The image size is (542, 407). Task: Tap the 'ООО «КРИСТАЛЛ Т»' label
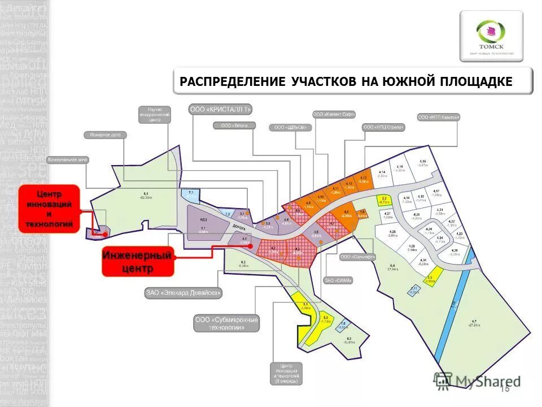pyautogui.click(x=220, y=109)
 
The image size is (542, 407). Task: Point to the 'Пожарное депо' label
pyautogui.click(x=106, y=135)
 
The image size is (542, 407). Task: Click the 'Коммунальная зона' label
pyautogui.click(x=68, y=159)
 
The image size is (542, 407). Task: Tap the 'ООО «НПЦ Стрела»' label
pyautogui.click(x=383, y=128)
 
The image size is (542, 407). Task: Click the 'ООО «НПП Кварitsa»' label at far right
pyautogui.click(x=439, y=118)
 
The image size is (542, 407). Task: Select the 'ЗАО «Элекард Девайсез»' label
pyautogui.click(x=183, y=293)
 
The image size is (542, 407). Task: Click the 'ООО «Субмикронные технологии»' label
pyautogui.click(x=226, y=323)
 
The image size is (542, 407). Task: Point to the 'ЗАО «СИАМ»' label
pyautogui.click(x=338, y=280)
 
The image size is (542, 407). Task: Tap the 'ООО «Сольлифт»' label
pyautogui.click(x=357, y=257)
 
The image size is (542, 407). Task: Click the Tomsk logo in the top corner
pyautogui.click(x=490, y=36)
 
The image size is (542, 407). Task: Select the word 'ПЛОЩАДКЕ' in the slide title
pyautogui.click(x=477, y=81)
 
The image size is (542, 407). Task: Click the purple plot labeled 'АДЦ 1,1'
pyautogui.click(x=203, y=224)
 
